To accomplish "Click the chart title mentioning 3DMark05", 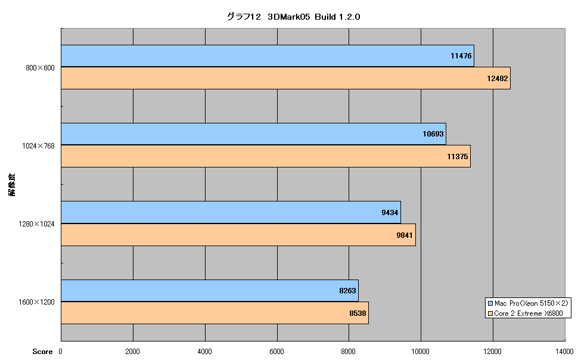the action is (293, 17).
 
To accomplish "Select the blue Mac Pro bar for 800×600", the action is (268, 55).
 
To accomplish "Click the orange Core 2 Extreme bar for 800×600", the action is (285, 78).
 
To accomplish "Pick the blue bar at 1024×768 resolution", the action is (254, 134).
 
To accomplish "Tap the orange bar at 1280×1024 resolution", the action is (238, 235).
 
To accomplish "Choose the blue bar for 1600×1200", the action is (210, 291).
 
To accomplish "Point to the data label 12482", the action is (498, 78).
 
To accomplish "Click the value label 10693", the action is (433, 134).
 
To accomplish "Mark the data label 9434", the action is (390, 212).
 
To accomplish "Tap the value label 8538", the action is (358, 314).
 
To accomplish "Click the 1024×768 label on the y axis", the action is (38, 145).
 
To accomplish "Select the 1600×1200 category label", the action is (36, 302).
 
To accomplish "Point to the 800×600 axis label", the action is (40, 67).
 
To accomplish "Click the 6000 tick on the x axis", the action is (276, 352).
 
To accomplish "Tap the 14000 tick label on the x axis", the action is (565, 352).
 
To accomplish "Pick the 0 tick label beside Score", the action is (60, 352).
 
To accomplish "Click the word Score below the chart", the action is (42, 352).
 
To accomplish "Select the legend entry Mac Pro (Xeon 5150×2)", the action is (528, 303).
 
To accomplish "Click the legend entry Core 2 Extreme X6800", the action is (526, 314).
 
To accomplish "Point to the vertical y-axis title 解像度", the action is (12, 185).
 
